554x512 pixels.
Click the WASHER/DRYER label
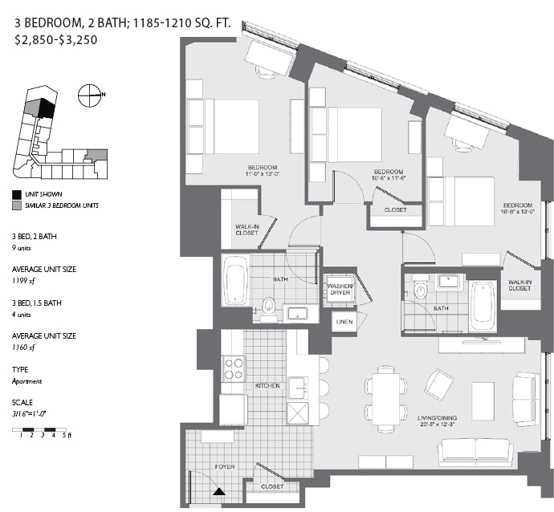[x=338, y=288]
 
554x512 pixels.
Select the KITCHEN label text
[x=267, y=386]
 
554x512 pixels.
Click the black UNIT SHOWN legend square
[x=17, y=194]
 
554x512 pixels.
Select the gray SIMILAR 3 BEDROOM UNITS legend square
[x=17, y=206]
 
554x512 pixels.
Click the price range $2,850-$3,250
[x=56, y=39]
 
